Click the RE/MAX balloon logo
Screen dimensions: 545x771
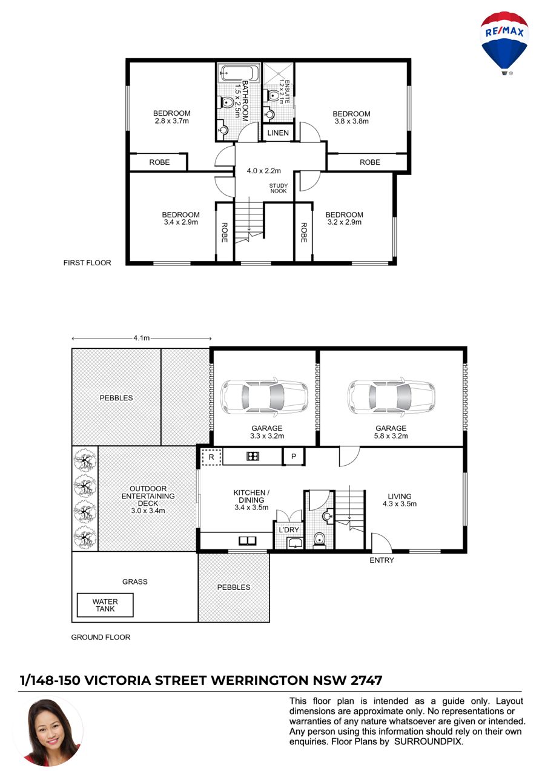click(504, 44)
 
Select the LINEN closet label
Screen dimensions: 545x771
click(278, 133)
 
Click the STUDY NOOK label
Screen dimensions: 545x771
click(279, 188)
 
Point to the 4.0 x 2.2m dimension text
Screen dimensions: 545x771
click(263, 171)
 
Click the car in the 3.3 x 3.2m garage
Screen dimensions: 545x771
click(264, 397)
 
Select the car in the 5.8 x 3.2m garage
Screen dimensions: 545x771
click(391, 397)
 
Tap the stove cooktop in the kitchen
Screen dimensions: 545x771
click(253, 457)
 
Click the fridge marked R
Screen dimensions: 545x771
click(211, 457)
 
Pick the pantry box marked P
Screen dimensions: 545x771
click(294, 457)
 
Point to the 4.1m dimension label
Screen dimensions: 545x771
click(142, 338)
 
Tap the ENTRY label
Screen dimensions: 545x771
click(381, 560)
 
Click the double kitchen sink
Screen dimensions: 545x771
click(248, 541)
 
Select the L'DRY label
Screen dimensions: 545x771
click(289, 530)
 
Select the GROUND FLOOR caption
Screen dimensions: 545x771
click(101, 637)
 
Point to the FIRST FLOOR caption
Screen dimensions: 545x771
click(87, 263)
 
